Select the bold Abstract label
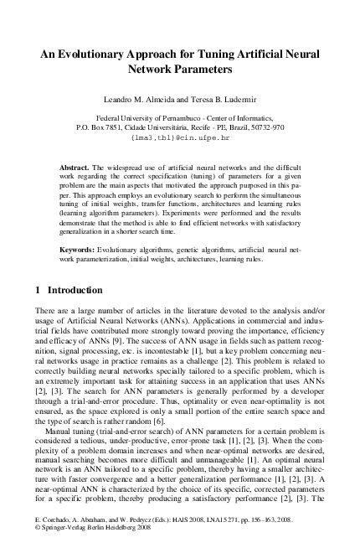[73, 168]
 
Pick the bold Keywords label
[76, 251]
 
